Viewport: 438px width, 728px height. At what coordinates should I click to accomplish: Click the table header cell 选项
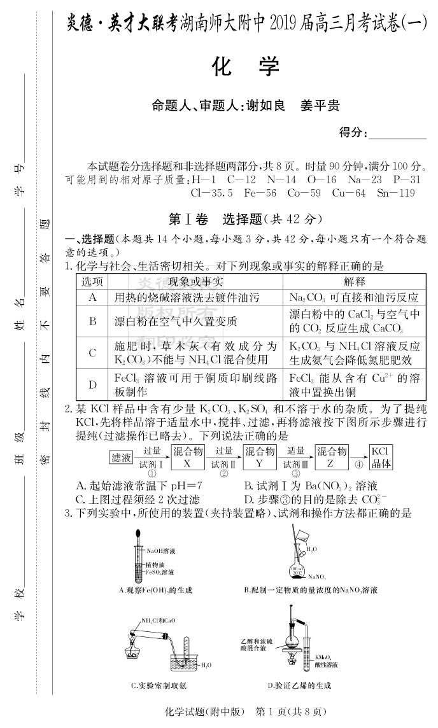point(92,281)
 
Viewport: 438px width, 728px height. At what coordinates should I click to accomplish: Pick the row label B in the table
point(92,321)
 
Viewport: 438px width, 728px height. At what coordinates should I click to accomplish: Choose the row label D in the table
point(92,384)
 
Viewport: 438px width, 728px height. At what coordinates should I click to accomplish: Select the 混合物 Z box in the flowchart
point(332,457)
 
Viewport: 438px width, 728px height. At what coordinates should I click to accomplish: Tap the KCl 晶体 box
point(381,457)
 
